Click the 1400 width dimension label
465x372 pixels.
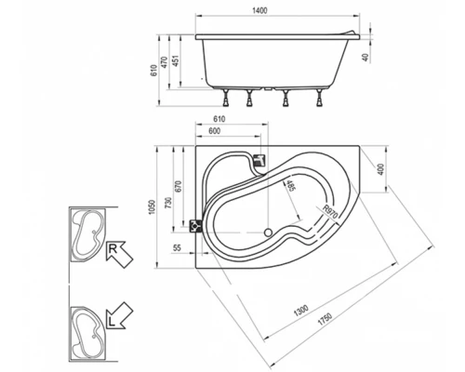click(259, 10)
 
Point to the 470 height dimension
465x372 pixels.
click(165, 62)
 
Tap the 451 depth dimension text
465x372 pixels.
click(175, 61)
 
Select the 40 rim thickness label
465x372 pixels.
click(365, 58)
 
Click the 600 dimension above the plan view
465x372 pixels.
click(214, 131)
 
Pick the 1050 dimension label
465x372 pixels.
click(152, 206)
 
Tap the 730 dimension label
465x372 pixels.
click(168, 203)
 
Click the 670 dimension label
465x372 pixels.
click(179, 187)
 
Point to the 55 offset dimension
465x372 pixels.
click(177, 247)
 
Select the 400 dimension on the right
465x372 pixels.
click(381, 169)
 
